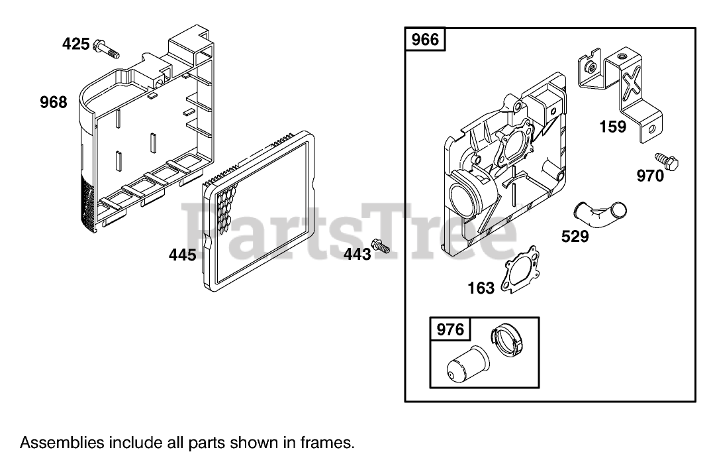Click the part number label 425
[75, 44]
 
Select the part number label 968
[53, 102]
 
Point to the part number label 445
[182, 254]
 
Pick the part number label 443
[357, 254]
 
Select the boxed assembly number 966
[425, 40]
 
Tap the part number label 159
[612, 126]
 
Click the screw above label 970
[662, 160]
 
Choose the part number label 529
[575, 236]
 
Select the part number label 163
[481, 287]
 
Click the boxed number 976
[452, 329]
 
